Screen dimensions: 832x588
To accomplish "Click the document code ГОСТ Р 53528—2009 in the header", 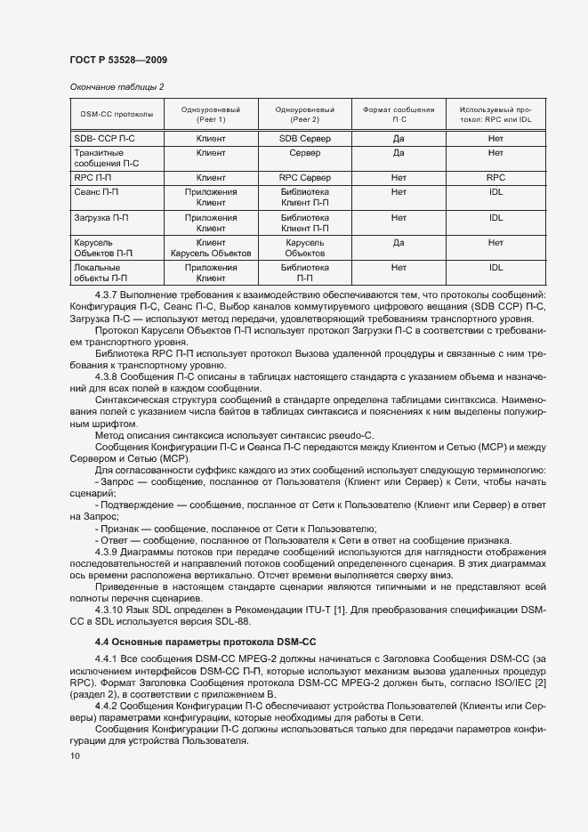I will [x=117, y=60].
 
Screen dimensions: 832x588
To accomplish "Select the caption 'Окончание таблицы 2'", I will [x=117, y=86].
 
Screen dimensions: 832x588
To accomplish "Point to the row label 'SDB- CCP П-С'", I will [x=104, y=140].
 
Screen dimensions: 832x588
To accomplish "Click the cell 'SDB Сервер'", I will [x=304, y=140].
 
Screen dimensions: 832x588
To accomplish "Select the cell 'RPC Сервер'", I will [x=304, y=178].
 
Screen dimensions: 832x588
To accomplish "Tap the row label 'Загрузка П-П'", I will [x=101, y=217].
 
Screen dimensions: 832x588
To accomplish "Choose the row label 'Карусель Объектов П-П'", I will [x=103, y=247].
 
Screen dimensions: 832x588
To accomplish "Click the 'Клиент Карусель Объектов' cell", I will [x=211, y=247].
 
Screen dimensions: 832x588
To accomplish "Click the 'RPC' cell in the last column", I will [x=495, y=178].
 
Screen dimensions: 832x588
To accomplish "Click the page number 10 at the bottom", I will [x=74, y=755].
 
